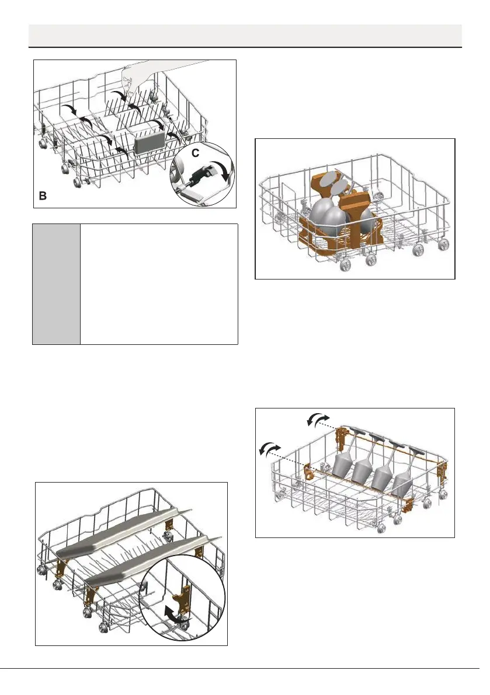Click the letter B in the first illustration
click(x=42, y=197)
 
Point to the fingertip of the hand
click(x=125, y=86)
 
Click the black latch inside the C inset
click(x=199, y=172)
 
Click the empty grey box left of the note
click(x=56, y=284)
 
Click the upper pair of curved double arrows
click(x=318, y=420)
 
